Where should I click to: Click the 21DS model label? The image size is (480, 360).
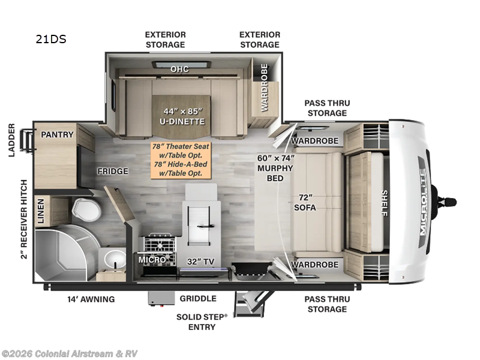click(51, 39)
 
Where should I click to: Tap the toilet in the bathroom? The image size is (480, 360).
click(86, 209)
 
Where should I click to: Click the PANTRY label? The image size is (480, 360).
click(57, 134)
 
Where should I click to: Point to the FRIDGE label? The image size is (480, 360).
click(113, 171)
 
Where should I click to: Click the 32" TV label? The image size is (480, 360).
click(200, 262)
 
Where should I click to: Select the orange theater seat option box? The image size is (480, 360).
click(181, 160)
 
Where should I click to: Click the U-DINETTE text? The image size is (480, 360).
click(182, 122)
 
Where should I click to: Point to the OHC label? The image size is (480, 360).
click(179, 69)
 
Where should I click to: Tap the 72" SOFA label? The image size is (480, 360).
click(305, 202)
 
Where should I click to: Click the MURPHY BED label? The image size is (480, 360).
click(275, 173)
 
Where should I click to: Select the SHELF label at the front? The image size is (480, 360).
click(384, 203)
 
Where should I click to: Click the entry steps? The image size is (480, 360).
click(251, 304)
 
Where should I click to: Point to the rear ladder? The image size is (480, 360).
click(27, 140)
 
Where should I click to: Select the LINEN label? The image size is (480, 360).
click(41, 211)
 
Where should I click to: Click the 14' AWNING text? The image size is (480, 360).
click(91, 299)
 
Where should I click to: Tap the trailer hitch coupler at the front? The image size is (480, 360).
click(447, 202)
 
